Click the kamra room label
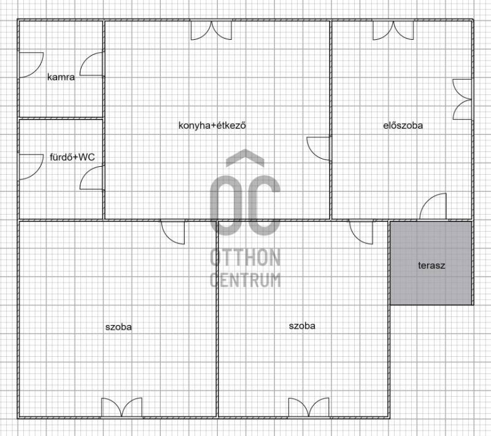pyautogui.click(x=61, y=77)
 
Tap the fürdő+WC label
pyautogui.click(x=72, y=157)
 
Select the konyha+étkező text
pyautogui.click(x=212, y=126)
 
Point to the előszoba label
pyautogui.click(x=403, y=126)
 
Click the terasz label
pyautogui.click(x=431, y=266)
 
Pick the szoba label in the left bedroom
pyautogui.click(x=118, y=327)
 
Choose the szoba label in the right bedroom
pyautogui.click(x=302, y=326)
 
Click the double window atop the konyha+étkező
pyautogui.click(x=211, y=30)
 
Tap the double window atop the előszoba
pyautogui.click(x=393, y=30)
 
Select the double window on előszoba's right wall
pyautogui.click(x=462, y=99)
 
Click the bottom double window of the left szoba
pyautogui.click(x=122, y=408)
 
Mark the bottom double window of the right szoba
pyautogui.click(x=309, y=408)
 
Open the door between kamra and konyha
pyautogui.click(x=91, y=64)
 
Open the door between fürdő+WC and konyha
pyautogui.click(x=91, y=178)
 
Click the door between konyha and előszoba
pyautogui.click(x=319, y=148)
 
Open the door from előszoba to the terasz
pyautogui.click(x=433, y=206)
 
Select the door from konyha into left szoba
pyautogui.click(x=173, y=232)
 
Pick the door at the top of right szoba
pyautogui.click(x=361, y=232)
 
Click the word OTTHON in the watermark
pyautogui.click(x=245, y=258)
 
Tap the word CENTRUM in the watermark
pyautogui.click(x=245, y=280)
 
